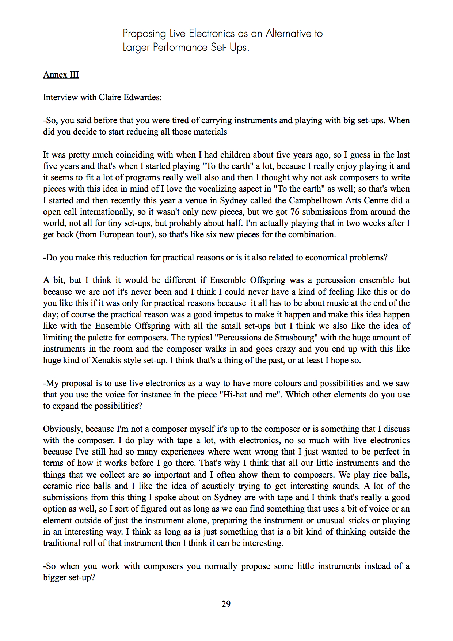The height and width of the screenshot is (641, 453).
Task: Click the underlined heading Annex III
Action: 61,75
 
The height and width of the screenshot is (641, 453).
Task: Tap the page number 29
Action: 226,604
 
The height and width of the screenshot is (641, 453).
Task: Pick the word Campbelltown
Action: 316,200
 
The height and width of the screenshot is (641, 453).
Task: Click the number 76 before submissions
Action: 295,212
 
